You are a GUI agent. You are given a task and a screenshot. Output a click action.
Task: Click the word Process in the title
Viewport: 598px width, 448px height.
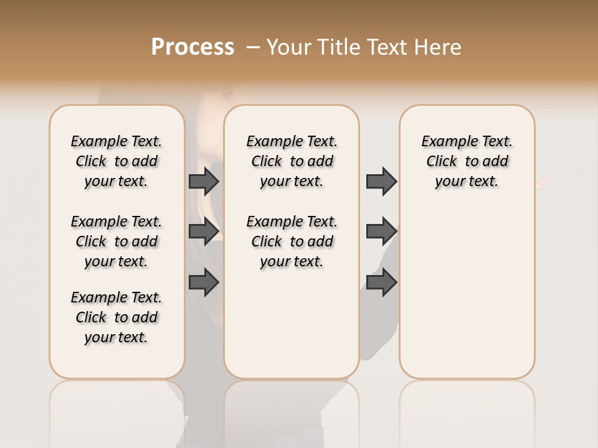(192, 47)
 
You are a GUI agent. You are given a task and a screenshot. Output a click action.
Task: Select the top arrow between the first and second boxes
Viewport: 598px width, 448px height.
(204, 181)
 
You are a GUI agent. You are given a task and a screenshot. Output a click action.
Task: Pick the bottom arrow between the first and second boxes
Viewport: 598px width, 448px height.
(204, 282)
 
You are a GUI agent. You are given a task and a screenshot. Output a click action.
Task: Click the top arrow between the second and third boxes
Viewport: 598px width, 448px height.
(381, 181)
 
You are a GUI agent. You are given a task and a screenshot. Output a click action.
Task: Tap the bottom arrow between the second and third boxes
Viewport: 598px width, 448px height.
(381, 282)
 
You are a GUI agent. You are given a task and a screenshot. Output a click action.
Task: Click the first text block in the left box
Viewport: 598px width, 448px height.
(116, 161)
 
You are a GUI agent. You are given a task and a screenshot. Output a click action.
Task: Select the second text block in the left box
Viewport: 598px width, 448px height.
(116, 241)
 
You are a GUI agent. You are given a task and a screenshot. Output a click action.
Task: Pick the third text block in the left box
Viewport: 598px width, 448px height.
(116, 317)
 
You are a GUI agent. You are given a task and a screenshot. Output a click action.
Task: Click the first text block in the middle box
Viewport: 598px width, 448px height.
(292, 161)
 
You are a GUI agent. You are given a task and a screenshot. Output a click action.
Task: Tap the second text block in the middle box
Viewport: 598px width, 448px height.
(292, 241)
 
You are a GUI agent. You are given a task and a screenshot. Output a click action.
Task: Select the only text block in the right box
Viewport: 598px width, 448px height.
(467, 161)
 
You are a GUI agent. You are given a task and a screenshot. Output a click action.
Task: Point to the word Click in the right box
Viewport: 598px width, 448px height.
(442, 162)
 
